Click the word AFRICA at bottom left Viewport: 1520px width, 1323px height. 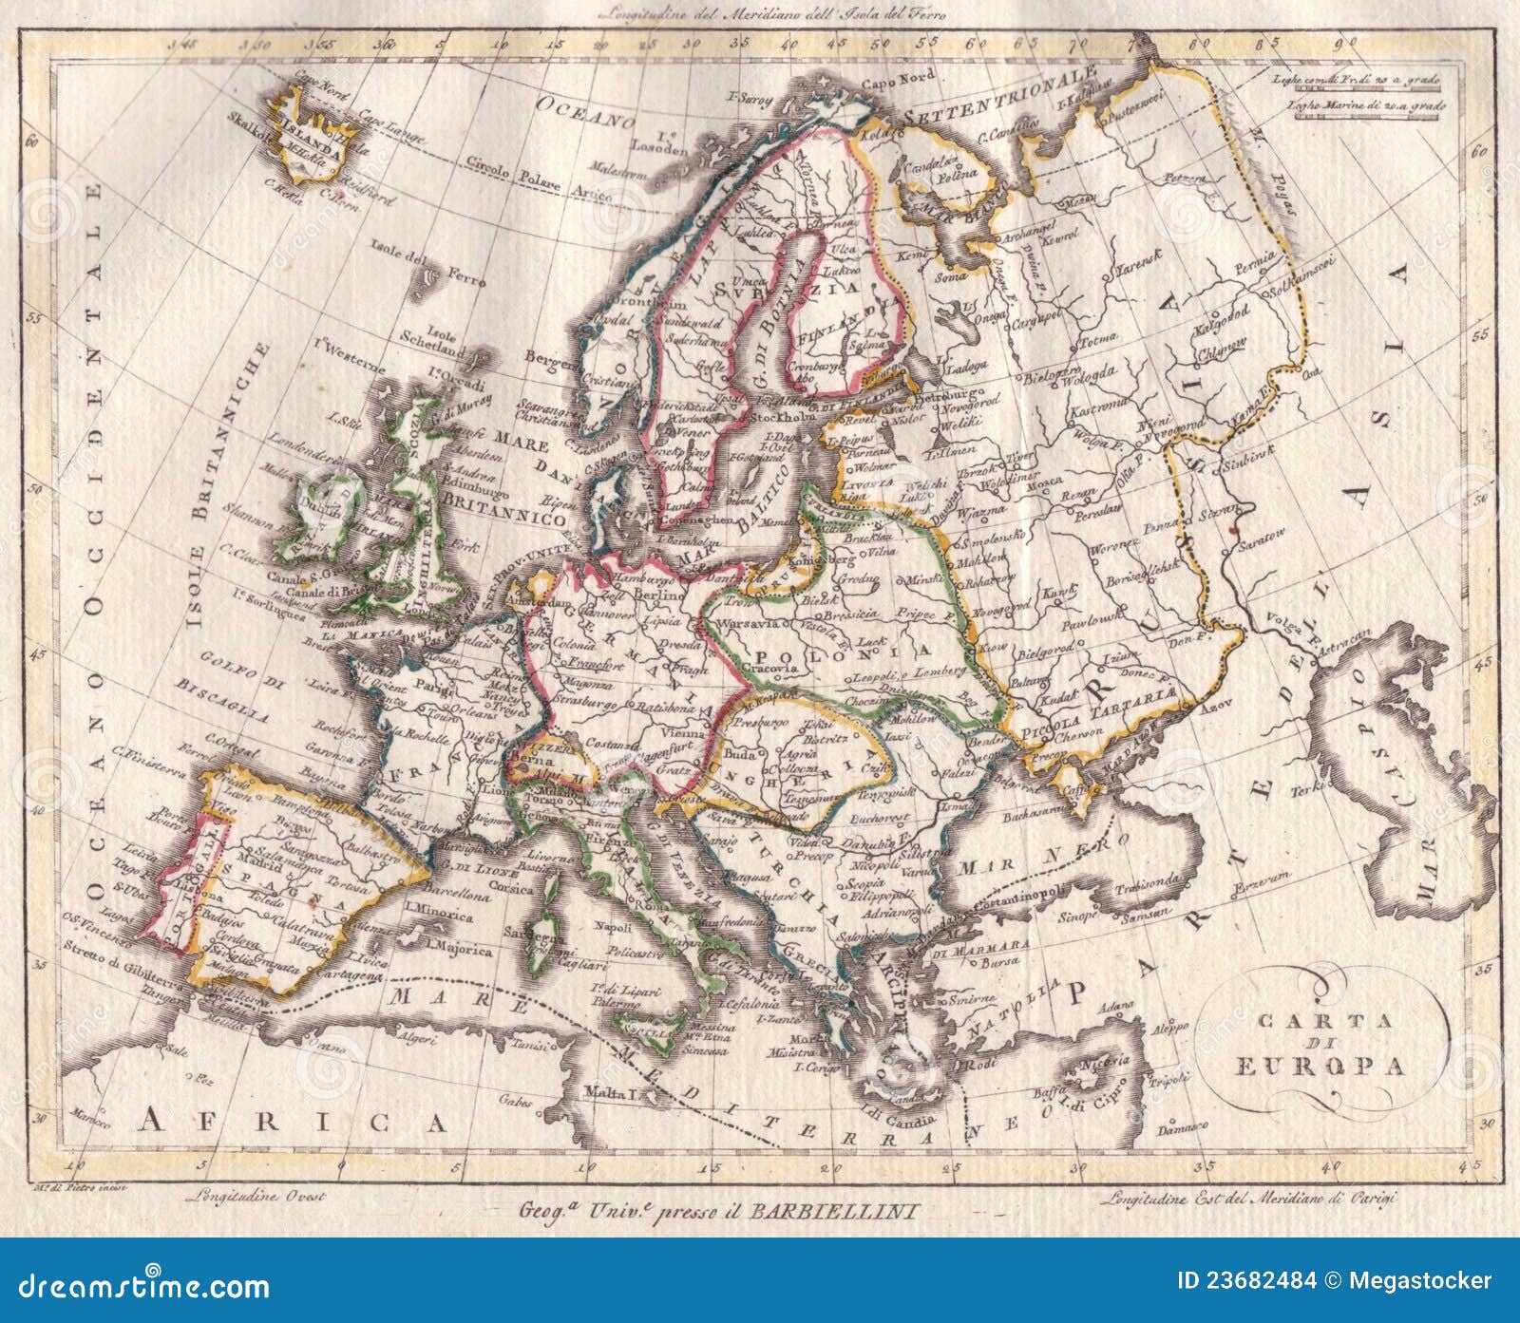[293, 1122]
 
